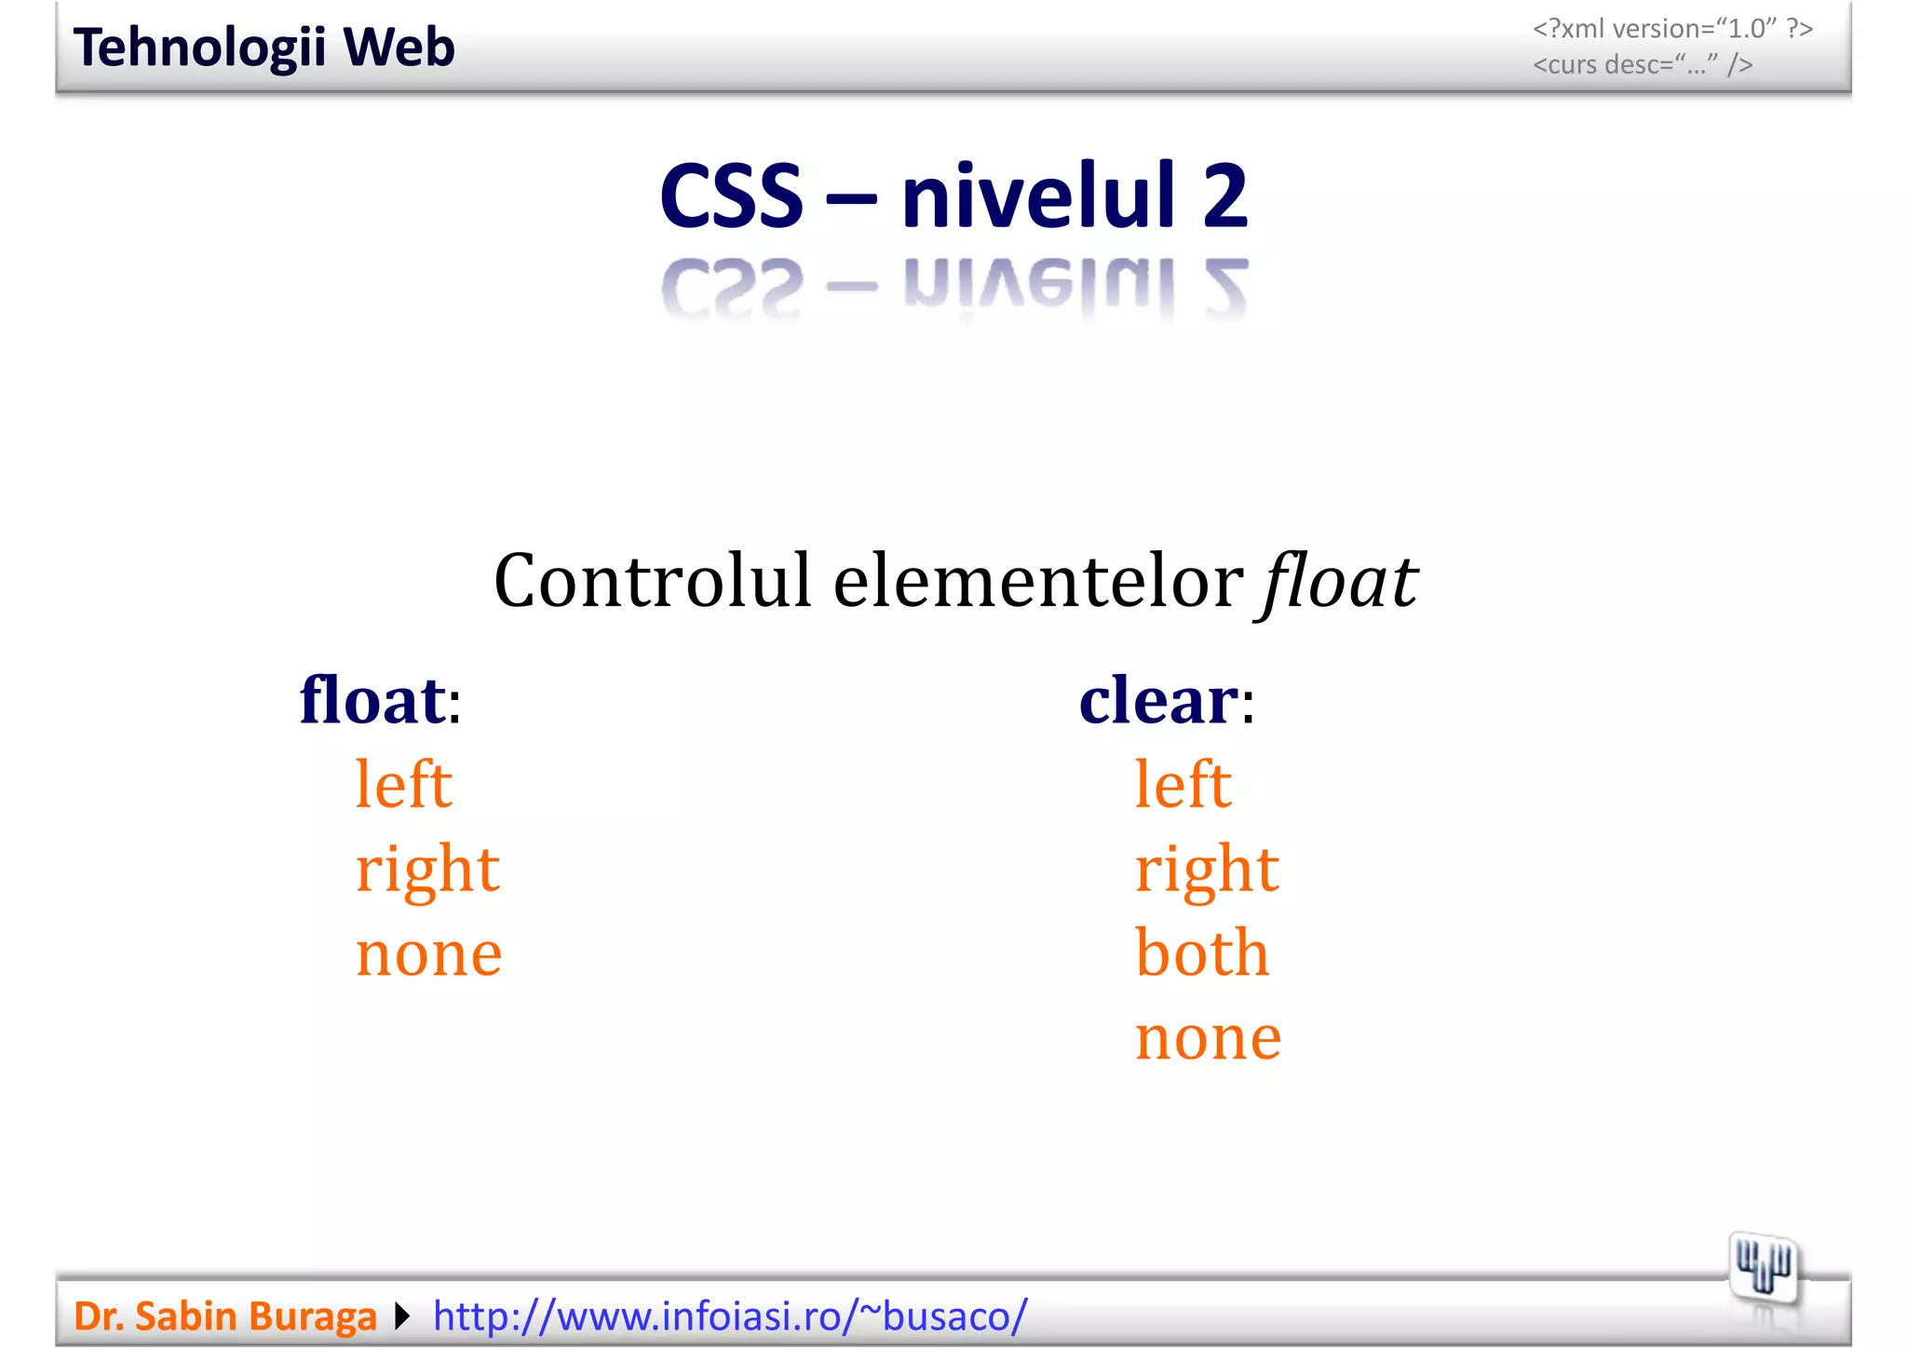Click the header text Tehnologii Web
(x=264, y=47)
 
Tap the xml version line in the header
(x=1672, y=29)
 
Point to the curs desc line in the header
(x=1643, y=65)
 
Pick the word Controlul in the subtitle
(x=652, y=581)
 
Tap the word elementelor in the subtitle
(x=1037, y=581)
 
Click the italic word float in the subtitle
(x=1339, y=581)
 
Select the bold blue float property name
(x=372, y=700)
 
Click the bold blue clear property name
(x=1158, y=700)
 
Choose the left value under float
(x=403, y=784)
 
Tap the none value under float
(x=428, y=953)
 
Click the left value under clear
(x=1183, y=784)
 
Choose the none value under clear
(x=1208, y=1037)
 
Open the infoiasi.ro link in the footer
(x=730, y=1316)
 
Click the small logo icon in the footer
(x=1763, y=1267)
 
